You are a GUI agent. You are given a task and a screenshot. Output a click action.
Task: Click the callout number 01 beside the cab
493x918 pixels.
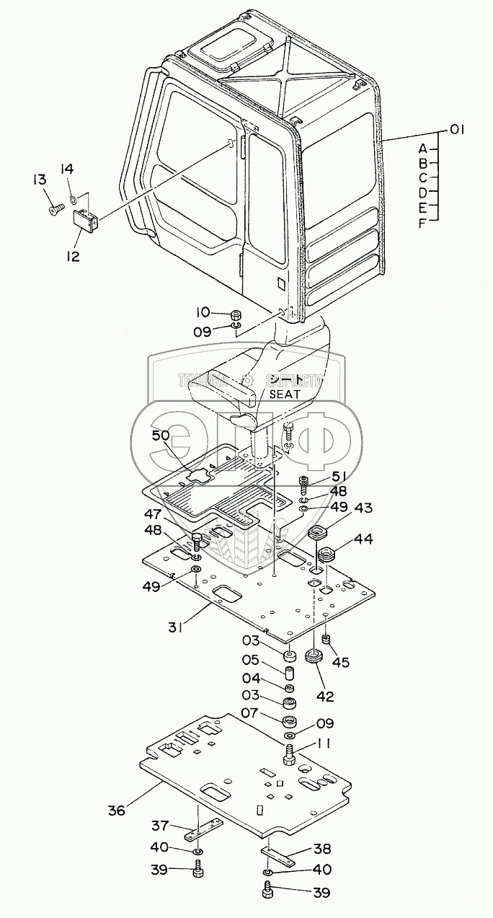click(x=456, y=130)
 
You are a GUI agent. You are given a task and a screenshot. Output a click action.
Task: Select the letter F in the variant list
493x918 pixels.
click(x=423, y=224)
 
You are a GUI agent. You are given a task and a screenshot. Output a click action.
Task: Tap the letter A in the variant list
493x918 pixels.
click(x=423, y=149)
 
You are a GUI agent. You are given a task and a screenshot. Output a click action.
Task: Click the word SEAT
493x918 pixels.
click(x=285, y=394)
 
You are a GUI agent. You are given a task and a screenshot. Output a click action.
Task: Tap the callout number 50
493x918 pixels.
click(x=161, y=436)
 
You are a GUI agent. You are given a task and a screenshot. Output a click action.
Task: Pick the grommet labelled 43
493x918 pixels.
click(x=318, y=534)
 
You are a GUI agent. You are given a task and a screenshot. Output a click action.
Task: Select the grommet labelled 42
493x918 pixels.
click(x=314, y=658)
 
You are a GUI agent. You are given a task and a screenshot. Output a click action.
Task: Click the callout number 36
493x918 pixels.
click(x=116, y=810)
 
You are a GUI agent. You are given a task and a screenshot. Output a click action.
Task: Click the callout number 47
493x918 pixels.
click(x=151, y=514)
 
